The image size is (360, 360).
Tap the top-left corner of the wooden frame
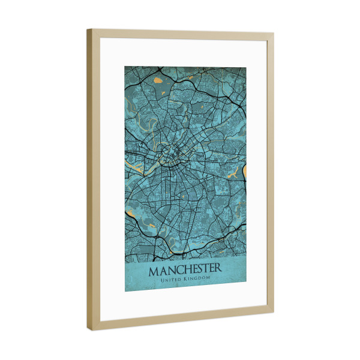(x=88, y=29)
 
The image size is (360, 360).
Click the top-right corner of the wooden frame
(x=274, y=34)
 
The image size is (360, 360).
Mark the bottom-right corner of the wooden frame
(x=274, y=311)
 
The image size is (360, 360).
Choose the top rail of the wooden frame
(x=180, y=35)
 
